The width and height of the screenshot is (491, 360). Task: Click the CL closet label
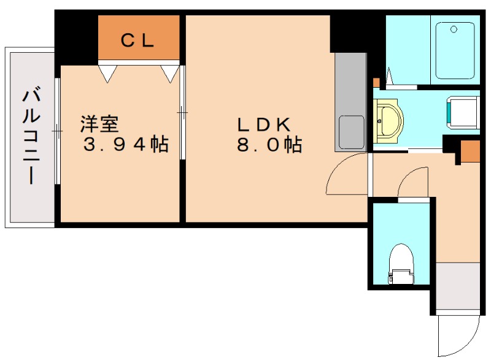pos(137,40)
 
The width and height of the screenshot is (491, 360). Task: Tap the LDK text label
pos(264,124)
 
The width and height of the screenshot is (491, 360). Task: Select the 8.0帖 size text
pos(269,145)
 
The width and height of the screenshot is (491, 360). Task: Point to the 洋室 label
pos(99,124)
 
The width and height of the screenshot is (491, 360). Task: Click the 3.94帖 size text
pos(126,144)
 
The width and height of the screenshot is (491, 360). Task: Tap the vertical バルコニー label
pos(31,137)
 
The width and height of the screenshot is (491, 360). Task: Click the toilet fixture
pos(401,264)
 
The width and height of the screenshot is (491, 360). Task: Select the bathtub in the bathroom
pos(455,50)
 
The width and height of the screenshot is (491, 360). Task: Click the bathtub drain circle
pos(454,29)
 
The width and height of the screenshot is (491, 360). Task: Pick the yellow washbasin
pos(389,121)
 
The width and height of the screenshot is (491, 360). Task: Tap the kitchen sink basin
pos(351,132)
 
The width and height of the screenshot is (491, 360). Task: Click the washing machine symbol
pos(463,113)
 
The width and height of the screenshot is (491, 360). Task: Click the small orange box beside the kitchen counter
pos(376,83)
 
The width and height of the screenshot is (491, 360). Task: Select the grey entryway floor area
pos(458,286)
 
